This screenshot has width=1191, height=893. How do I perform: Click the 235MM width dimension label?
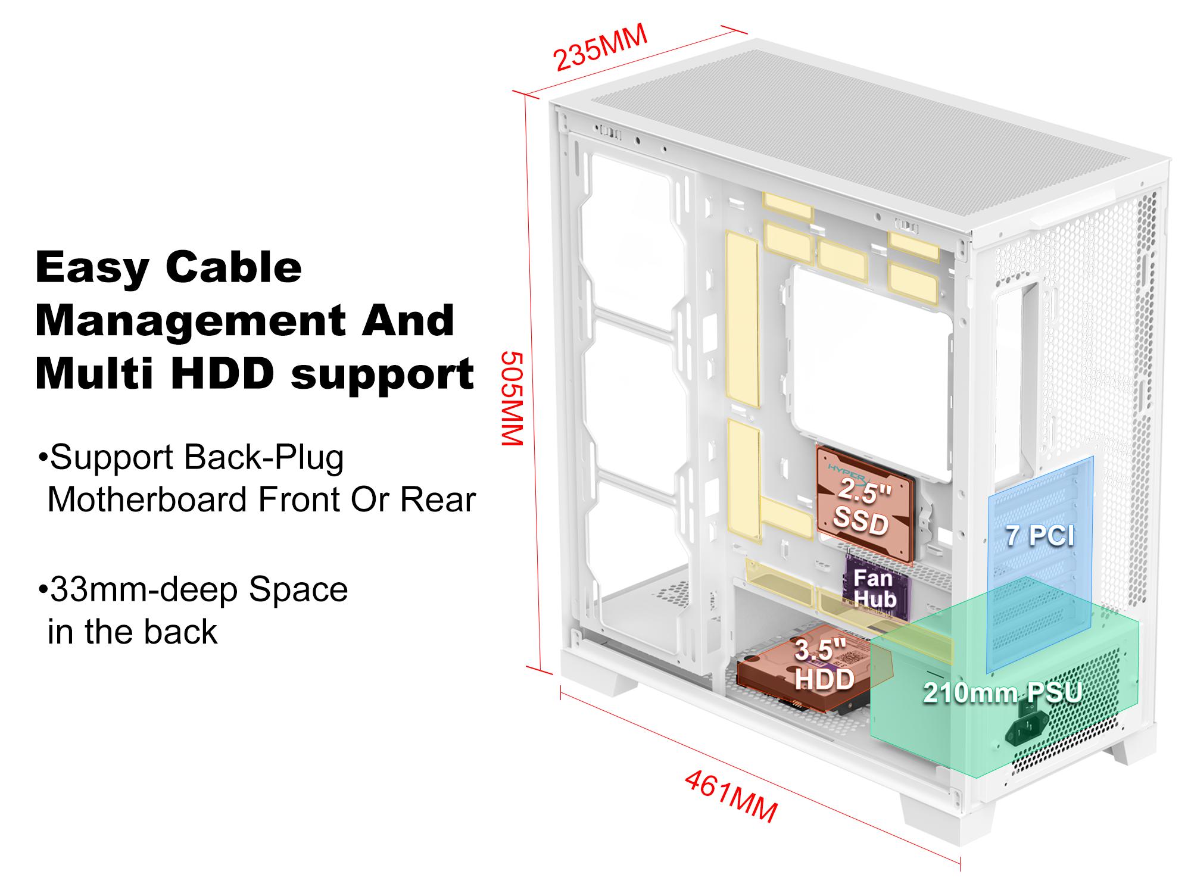600,48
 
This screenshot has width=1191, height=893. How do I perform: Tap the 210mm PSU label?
1003,693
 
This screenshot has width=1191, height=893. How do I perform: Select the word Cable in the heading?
233,267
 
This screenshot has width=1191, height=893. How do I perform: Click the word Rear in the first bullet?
438,499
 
